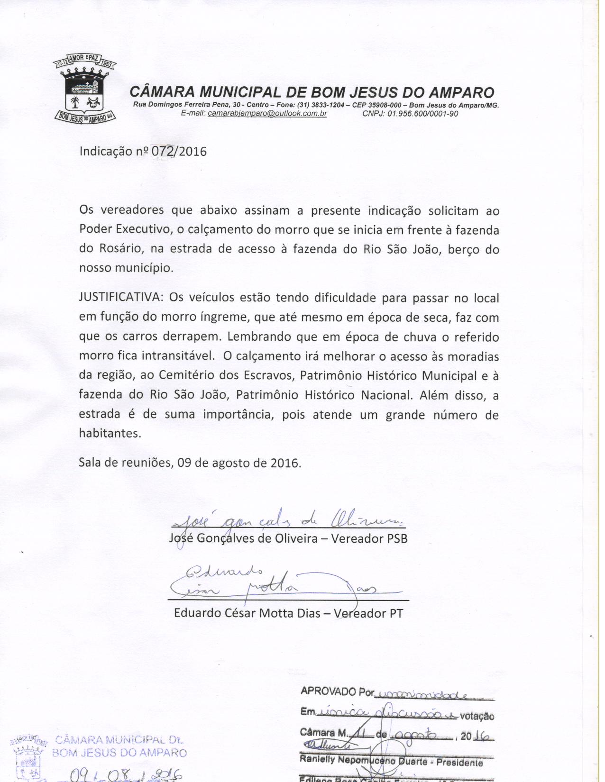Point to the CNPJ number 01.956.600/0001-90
click(422, 114)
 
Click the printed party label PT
click(396, 613)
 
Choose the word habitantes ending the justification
click(110, 434)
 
